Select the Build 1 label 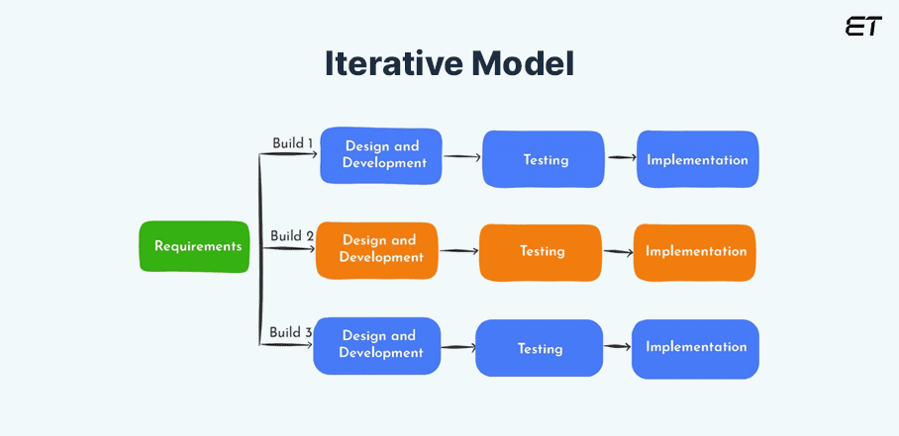pos(293,143)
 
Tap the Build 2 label pos(292,236)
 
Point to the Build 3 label pos(291,332)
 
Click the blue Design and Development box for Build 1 pos(381,155)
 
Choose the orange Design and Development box pos(377,249)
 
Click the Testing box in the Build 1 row pos(543,158)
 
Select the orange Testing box pos(541,252)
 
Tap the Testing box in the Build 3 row pos(540,348)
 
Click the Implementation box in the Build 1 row pos(697,159)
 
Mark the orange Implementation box pos(695,252)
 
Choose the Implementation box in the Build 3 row pos(696,347)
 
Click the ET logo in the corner pos(862,27)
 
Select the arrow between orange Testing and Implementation pos(617,252)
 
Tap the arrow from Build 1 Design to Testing pos(462,156)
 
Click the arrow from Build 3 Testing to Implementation pos(618,347)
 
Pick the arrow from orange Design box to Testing pos(458,251)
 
